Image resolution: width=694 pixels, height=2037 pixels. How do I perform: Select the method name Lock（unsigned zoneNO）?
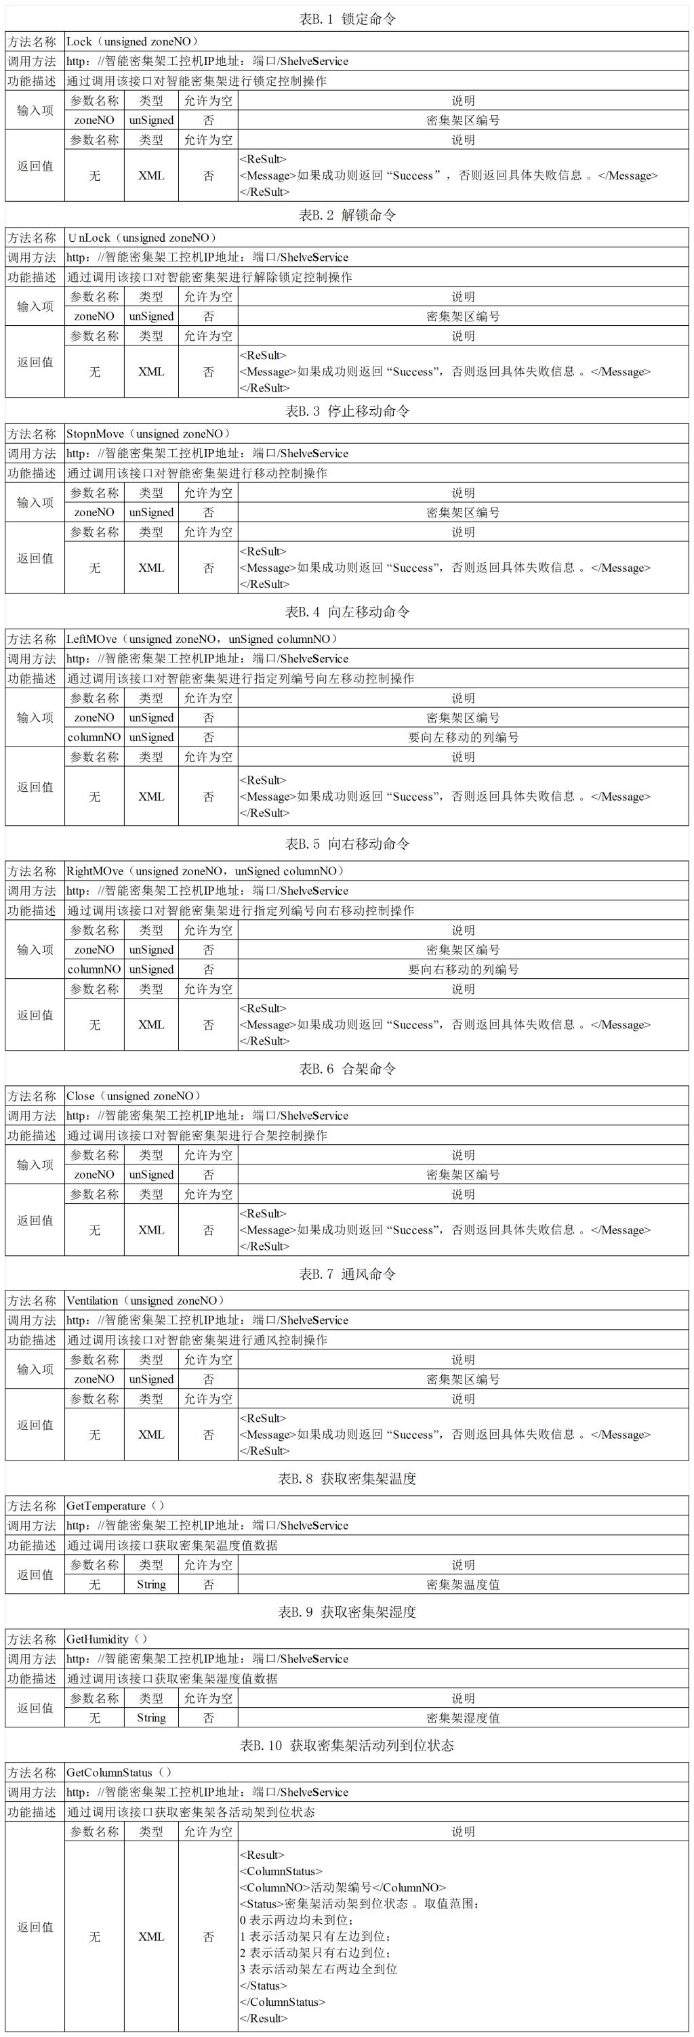(x=132, y=42)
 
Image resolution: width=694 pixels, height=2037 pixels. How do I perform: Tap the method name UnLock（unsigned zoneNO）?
(x=142, y=238)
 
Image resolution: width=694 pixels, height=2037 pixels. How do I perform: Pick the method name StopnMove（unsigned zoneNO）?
(x=149, y=434)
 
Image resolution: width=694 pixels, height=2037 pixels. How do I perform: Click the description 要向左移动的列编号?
(x=463, y=737)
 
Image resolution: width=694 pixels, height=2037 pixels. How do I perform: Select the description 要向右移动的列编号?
(x=463, y=969)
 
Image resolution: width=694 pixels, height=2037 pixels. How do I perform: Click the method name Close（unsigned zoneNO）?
(x=134, y=1096)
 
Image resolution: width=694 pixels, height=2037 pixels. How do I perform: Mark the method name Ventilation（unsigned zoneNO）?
(x=146, y=1301)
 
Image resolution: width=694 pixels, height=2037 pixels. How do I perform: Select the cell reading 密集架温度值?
(x=463, y=1584)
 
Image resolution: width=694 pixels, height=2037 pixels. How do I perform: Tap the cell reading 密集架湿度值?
(x=463, y=1717)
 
